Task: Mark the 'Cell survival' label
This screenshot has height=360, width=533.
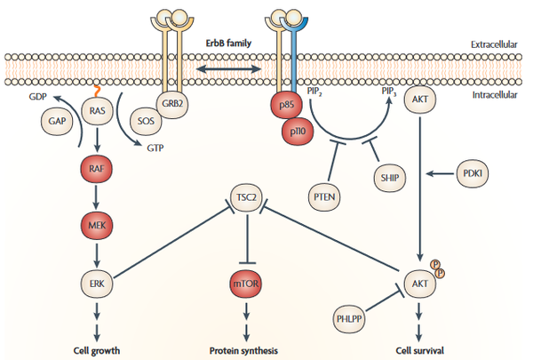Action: click(416, 350)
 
